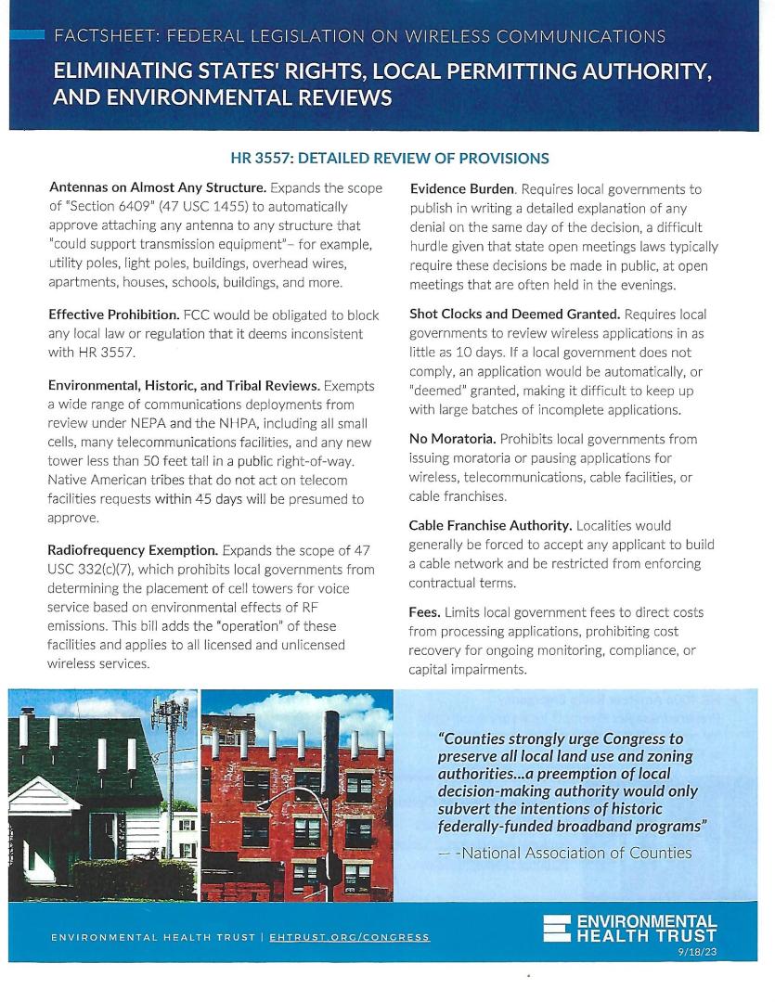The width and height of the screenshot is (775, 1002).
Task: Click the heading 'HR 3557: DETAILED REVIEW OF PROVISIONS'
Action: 390,159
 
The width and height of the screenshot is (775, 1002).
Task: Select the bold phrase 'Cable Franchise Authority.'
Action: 495,525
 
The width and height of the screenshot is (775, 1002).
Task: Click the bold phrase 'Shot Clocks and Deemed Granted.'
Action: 513,315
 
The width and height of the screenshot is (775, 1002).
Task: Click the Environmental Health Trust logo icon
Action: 557,929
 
